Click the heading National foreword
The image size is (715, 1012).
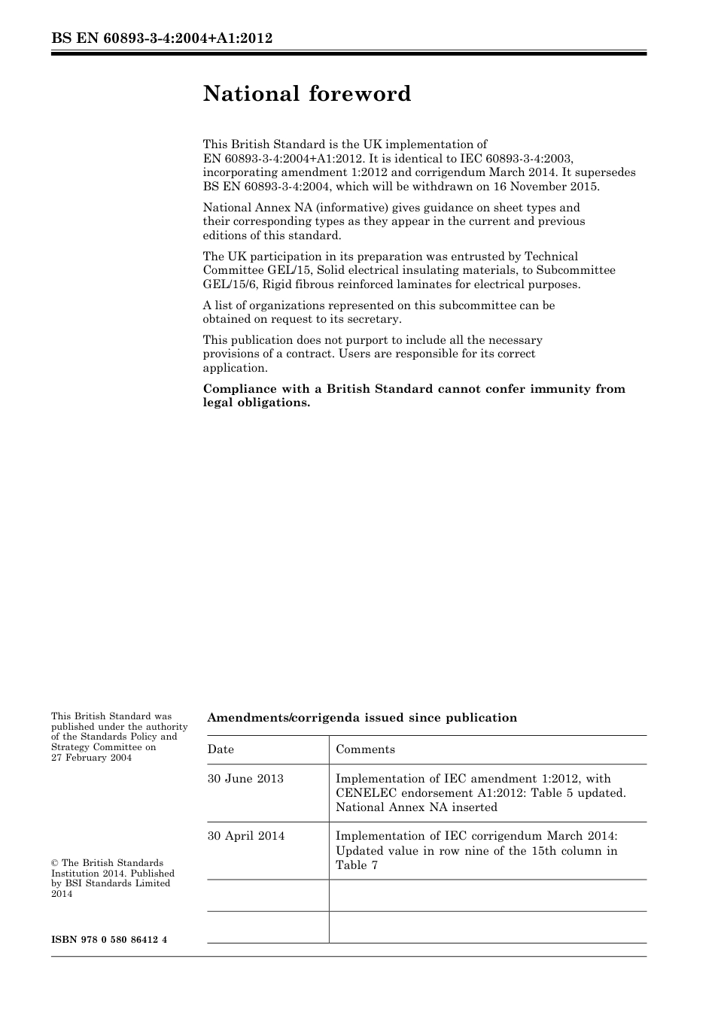coord(307,94)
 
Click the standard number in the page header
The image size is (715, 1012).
coord(162,38)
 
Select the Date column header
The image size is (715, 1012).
coord(221,749)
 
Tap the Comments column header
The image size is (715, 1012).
coord(365,749)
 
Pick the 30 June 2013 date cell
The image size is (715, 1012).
coord(245,779)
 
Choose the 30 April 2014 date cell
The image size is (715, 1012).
coord(246,836)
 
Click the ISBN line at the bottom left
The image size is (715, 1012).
coord(109,940)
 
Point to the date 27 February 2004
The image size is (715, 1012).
coord(91,758)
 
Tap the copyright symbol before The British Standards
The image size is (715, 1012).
coord(55,863)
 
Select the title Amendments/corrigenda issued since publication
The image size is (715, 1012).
coord(362,718)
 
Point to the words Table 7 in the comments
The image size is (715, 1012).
coord(357,865)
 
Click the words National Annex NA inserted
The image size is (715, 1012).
coord(416,807)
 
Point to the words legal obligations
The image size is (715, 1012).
coord(257,403)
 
